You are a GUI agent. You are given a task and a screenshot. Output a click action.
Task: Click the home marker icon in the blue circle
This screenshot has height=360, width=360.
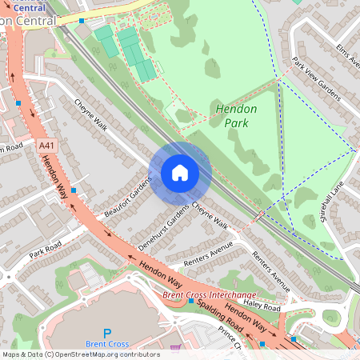point(180,172)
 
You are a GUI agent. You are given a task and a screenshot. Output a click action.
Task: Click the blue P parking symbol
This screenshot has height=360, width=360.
point(107,333)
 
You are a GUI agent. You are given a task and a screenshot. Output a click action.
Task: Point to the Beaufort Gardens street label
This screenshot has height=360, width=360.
point(127,197)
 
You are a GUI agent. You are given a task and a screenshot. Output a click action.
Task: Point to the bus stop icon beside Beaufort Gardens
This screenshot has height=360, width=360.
point(74,190)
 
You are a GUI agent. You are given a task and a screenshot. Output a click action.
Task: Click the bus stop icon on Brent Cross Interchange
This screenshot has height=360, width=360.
point(191,302)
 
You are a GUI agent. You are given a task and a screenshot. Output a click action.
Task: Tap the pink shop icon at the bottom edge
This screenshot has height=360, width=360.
point(175,349)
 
